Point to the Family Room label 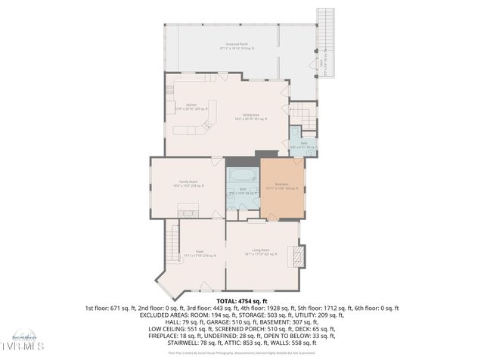pos(188,183)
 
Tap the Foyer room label pos(200,252)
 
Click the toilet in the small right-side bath pos(296,132)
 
